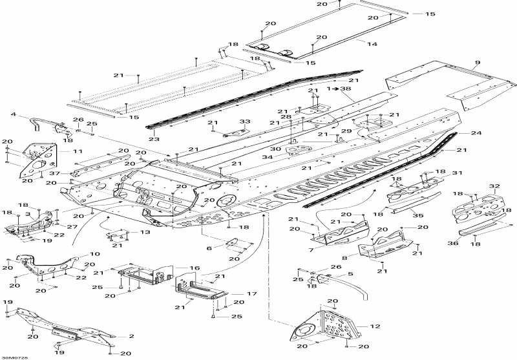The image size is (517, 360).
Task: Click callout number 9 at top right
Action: point(477,63)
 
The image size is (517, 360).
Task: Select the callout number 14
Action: point(372,43)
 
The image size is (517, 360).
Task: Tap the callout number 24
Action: point(476,133)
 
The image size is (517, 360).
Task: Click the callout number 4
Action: point(13,115)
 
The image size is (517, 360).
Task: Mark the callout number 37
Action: point(56,173)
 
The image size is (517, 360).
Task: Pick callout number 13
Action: point(145,231)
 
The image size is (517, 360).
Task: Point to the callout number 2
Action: point(131,336)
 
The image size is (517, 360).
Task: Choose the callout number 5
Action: point(350,274)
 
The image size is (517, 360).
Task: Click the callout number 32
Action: point(496,185)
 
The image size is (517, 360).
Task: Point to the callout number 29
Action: point(348,131)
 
